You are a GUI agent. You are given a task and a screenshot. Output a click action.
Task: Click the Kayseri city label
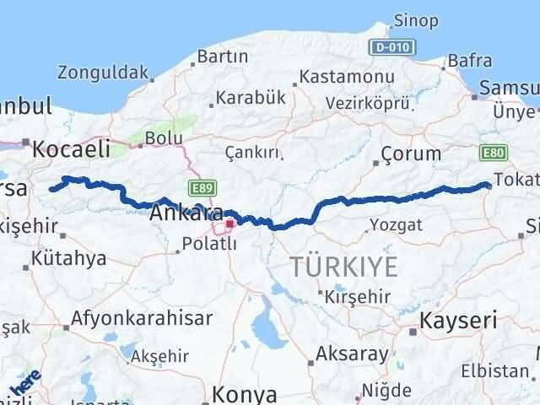click(x=461, y=321)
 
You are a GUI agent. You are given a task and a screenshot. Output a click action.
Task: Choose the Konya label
click(x=245, y=393)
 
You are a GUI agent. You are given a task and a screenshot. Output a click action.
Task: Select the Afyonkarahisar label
click(x=143, y=319)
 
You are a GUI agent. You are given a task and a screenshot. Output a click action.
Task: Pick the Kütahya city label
click(x=64, y=258)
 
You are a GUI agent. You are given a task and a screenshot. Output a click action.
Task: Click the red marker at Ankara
click(x=229, y=224)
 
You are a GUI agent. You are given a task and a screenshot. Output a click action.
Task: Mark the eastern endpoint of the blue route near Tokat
click(x=489, y=185)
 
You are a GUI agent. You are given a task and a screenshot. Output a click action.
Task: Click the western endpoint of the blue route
click(x=52, y=189)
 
